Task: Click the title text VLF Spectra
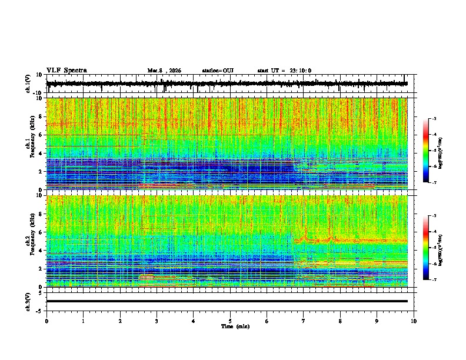pos(66,71)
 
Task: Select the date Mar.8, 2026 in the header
pos(164,71)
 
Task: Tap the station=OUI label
pos(218,71)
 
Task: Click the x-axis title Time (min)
pos(235,326)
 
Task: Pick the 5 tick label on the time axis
pos(230,321)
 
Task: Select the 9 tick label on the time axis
pos(377,321)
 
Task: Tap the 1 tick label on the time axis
pos(84,321)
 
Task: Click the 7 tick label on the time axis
pos(304,321)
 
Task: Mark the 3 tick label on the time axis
pos(157,321)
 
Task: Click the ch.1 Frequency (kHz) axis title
pos(29,144)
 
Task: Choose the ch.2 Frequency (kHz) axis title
pos(29,241)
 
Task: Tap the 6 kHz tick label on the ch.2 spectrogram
pos(42,232)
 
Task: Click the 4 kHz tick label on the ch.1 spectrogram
pos(42,153)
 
